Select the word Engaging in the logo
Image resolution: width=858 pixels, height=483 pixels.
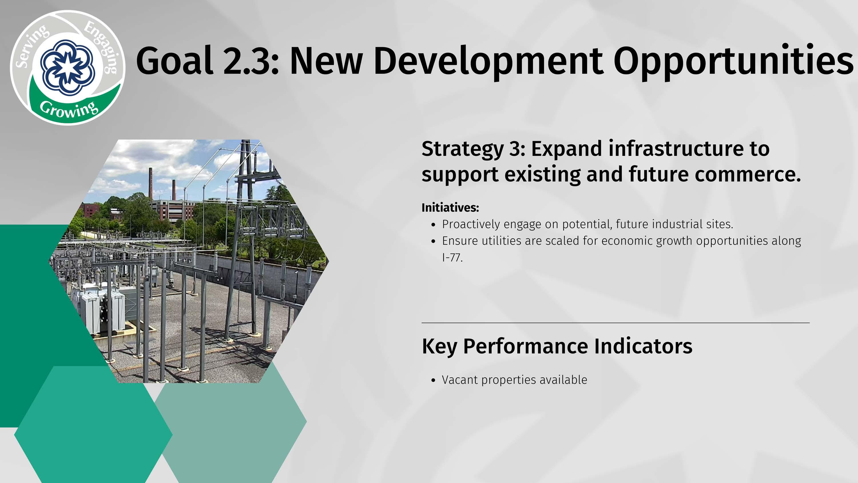[x=101, y=46]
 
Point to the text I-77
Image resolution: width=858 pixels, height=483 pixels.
[x=452, y=258]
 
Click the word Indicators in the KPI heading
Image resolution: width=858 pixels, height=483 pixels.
[x=643, y=346]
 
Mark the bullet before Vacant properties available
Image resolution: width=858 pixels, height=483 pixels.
[x=433, y=381]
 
